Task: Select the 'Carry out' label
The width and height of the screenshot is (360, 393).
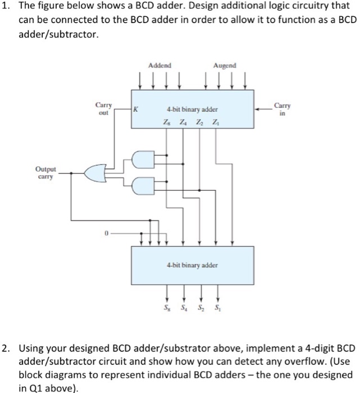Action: (x=104, y=108)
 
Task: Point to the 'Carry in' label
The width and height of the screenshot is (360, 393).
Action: (x=280, y=108)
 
